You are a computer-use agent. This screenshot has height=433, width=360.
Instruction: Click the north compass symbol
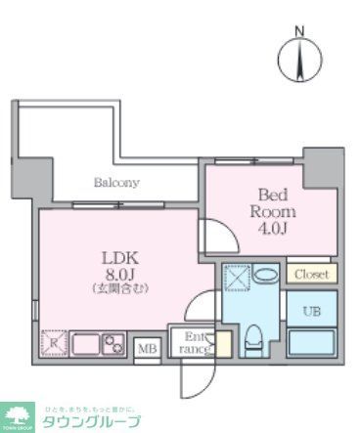tap(300, 61)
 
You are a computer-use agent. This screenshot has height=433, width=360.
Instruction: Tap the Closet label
tap(312, 275)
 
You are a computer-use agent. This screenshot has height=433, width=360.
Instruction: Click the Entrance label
tap(197, 343)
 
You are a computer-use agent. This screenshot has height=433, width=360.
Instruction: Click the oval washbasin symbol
tap(265, 275)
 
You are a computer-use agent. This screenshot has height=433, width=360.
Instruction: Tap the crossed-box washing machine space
tap(238, 279)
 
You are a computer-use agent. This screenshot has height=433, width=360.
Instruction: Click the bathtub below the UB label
tap(312, 343)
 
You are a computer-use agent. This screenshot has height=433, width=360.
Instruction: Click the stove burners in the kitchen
tap(112, 344)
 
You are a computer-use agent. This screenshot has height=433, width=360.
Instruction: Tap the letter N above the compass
tap(300, 32)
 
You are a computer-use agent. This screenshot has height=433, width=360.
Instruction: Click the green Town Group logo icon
tap(18, 415)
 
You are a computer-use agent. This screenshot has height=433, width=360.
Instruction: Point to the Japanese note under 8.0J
tap(121, 289)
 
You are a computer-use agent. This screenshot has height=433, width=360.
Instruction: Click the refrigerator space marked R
tap(51, 345)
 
